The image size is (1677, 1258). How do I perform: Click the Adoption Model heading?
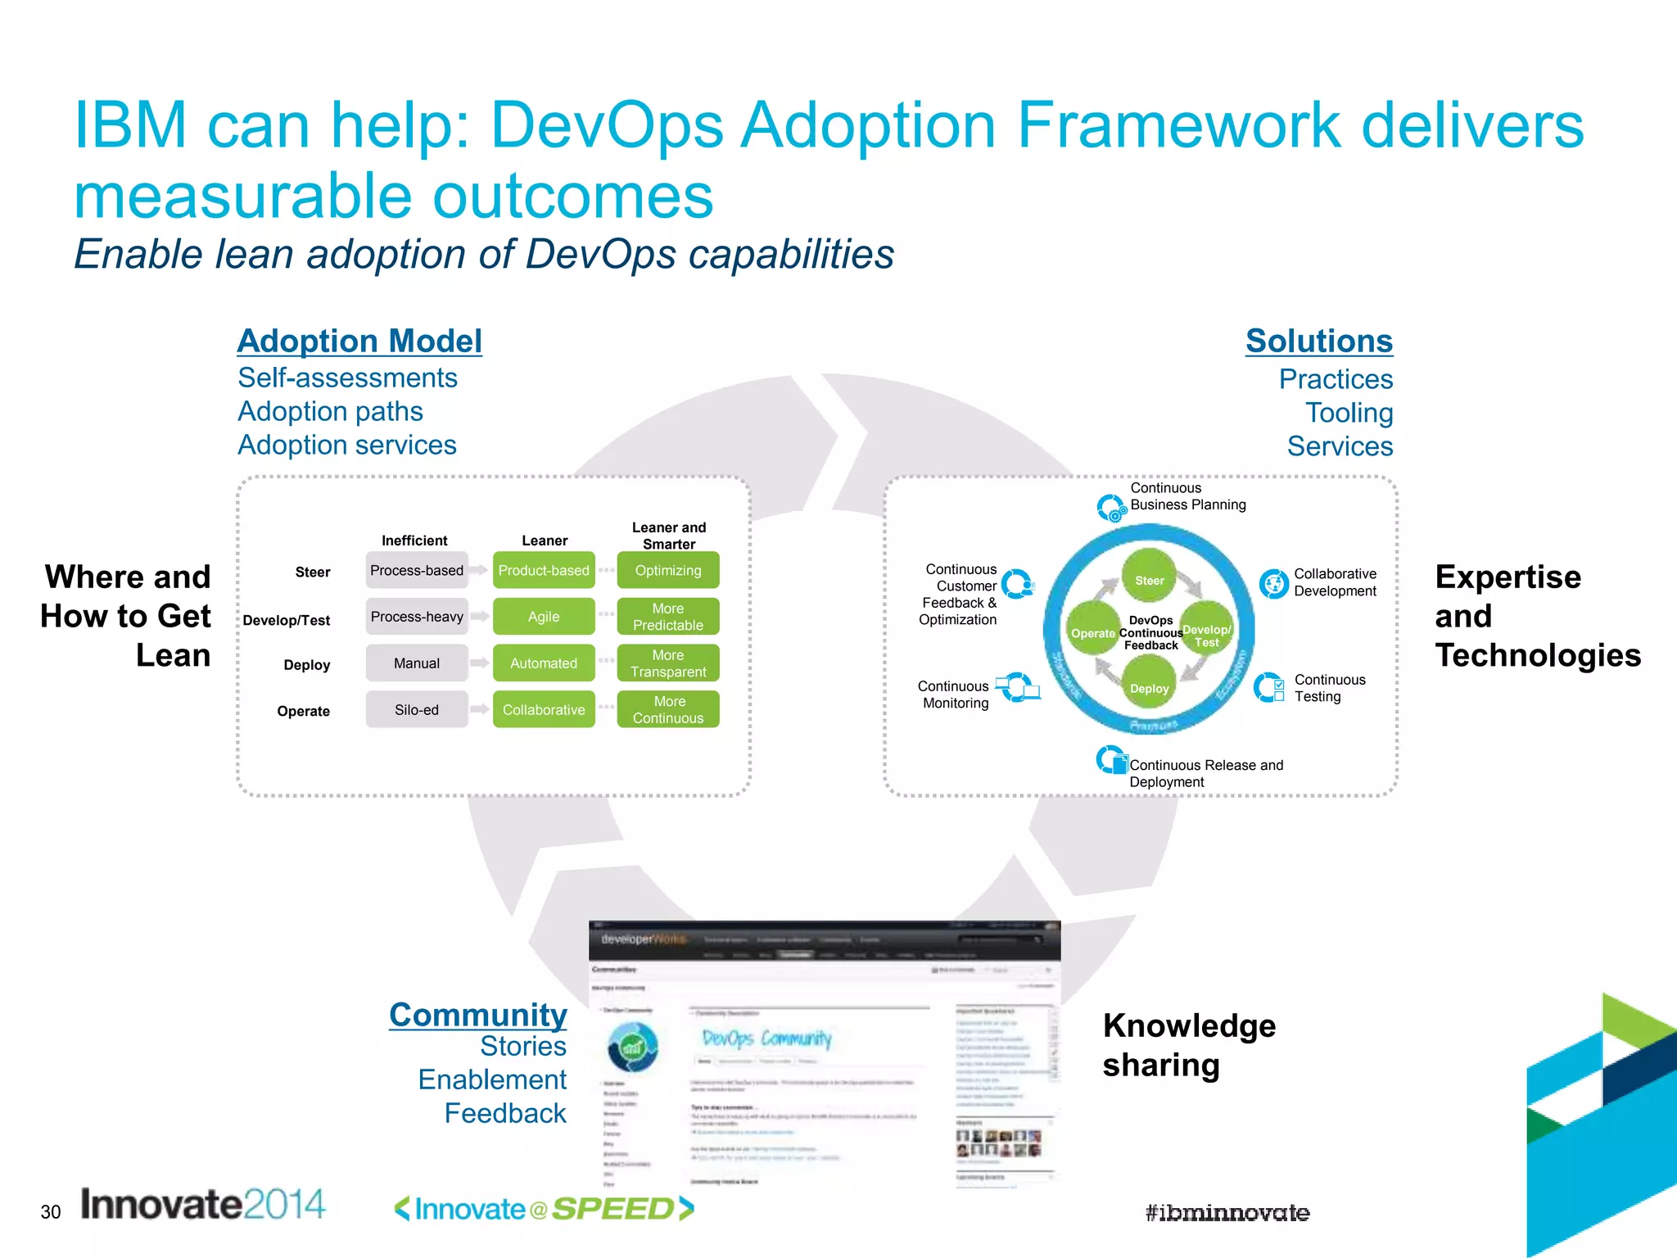tap(359, 342)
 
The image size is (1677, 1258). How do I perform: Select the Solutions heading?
tap(1318, 342)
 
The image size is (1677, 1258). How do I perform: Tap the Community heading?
tap(477, 1015)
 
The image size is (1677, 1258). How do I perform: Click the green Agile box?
tap(544, 617)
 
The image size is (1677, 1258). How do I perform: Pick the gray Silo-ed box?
tap(417, 710)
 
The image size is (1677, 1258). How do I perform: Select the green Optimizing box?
tap(668, 570)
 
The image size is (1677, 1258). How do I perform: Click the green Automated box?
tap(544, 663)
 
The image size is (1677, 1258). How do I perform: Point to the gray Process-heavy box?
tap(417, 617)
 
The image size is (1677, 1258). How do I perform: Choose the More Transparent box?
tap(668, 663)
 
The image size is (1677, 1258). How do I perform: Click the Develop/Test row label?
tap(287, 621)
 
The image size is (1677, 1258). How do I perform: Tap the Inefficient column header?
tap(414, 541)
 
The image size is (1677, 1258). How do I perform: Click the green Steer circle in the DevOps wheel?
tap(1149, 580)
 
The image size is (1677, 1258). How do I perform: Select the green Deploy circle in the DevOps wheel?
tap(1149, 688)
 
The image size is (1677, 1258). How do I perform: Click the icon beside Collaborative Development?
tap(1274, 583)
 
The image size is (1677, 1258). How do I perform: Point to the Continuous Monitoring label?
tap(954, 695)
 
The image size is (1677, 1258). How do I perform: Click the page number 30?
tap(51, 1212)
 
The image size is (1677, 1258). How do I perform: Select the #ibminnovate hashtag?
tap(1227, 1213)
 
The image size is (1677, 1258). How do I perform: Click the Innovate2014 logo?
tap(203, 1205)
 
